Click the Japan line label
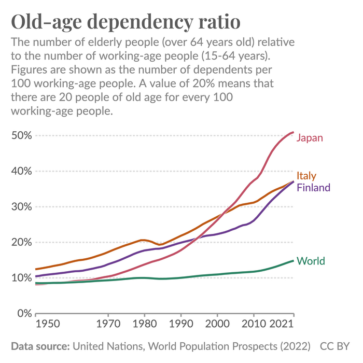(310, 138)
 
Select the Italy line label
(306, 176)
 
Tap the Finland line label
(313, 187)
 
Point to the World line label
(311, 261)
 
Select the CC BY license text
(336, 346)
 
